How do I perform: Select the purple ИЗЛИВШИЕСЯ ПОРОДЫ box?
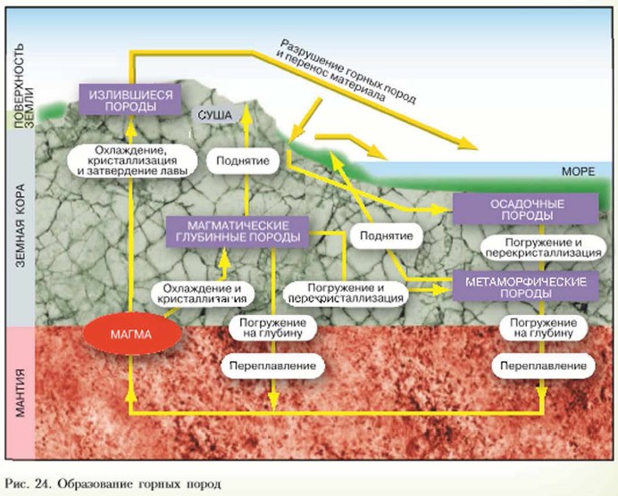[129, 99]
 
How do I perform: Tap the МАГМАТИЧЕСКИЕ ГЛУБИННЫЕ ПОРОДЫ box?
[238, 231]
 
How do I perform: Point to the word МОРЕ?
[572, 169]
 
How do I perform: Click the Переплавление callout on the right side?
[543, 366]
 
